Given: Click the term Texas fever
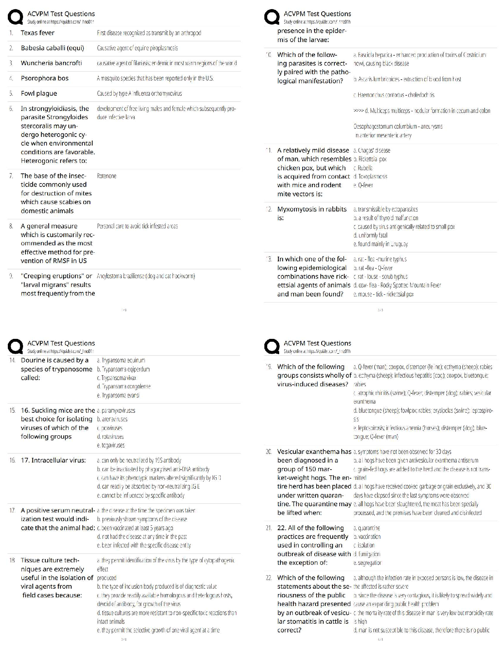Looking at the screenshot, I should (37, 33).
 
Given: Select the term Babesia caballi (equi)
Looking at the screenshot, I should (52, 48).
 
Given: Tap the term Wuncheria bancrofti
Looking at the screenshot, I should (51, 63).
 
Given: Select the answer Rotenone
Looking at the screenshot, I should (107, 176).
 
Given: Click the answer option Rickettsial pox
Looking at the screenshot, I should (370, 159).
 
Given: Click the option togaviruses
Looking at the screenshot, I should (111, 445).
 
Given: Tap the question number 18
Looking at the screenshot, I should (12, 560).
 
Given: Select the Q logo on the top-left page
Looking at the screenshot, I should (15, 17).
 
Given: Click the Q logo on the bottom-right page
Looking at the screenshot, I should (272, 347).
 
